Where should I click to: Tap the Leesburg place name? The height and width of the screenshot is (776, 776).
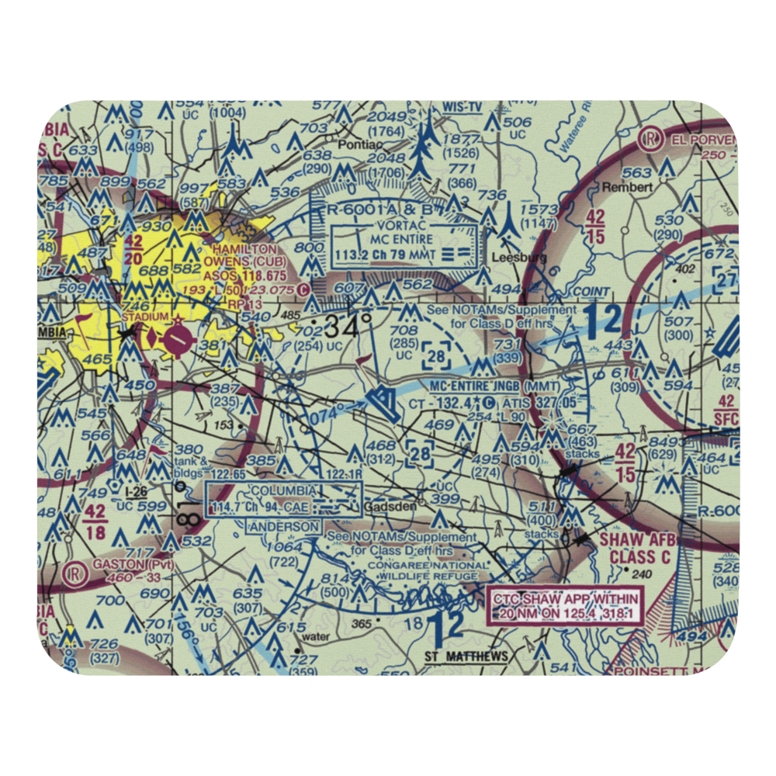pos(520,257)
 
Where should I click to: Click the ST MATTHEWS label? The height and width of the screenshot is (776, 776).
pos(466,656)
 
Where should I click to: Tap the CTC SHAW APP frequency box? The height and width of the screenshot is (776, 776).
pos(565,605)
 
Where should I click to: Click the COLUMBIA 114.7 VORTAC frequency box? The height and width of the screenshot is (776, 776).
pos(283,500)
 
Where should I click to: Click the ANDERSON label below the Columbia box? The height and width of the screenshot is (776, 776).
pos(283,526)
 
